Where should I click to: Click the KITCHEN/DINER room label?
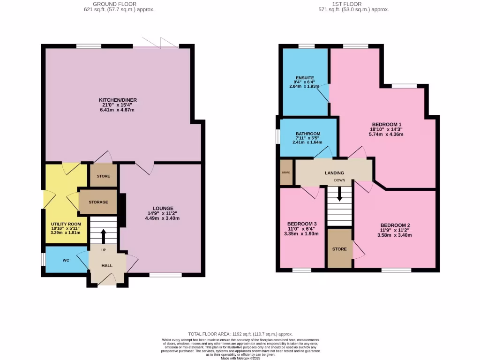pos(118,100)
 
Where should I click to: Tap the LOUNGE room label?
pos(163,208)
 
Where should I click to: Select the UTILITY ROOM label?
pos(66,224)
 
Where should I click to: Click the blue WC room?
pos(66,260)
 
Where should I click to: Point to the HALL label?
pos(107,266)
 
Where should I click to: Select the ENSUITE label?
pos(305,77)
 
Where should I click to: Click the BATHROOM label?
pos(308,134)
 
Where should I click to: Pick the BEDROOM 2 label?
pos(395,225)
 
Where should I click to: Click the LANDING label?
pos(334,173)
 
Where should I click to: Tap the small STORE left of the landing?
pos(286,172)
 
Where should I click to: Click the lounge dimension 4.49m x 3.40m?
pos(163,218)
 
